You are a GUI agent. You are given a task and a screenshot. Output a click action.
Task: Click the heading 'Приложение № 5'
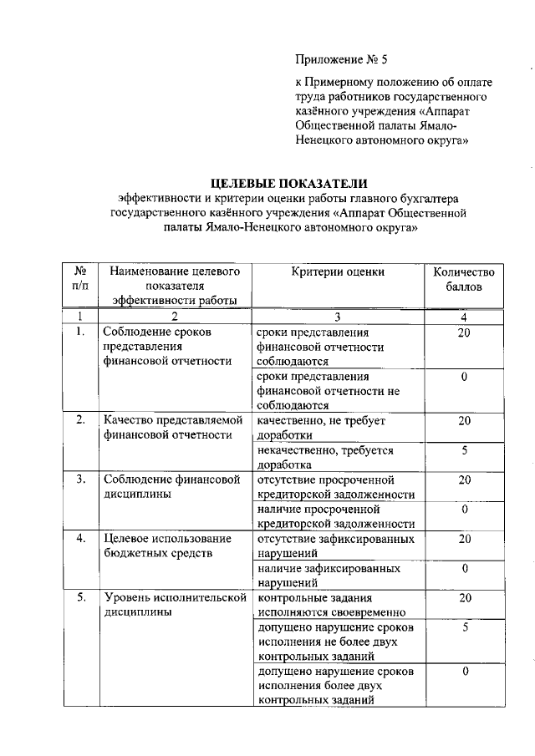coord(341,58)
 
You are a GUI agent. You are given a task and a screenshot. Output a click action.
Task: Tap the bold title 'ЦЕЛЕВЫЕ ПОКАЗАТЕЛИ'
coord(289,183)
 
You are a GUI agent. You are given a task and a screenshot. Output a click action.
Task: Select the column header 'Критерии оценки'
coord(338,271)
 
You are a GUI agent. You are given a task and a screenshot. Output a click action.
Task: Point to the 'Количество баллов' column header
coord(463,279)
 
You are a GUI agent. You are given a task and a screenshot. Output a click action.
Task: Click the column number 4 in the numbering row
coord(463,317)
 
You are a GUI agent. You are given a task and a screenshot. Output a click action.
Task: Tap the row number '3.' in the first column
coord(81,479)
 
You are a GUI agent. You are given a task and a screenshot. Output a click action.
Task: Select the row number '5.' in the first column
coord(81,597)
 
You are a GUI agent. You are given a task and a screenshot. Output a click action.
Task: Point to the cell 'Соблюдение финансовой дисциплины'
coord(171,486)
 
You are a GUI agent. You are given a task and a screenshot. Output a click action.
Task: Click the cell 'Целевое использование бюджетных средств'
coord(159,545)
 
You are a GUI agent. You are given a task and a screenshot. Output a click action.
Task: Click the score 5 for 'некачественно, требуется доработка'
coord(463,451)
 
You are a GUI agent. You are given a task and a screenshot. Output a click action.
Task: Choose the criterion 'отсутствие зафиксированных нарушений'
coord(336,545)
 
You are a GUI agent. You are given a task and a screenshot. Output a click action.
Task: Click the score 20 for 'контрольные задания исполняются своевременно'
coord(465,597)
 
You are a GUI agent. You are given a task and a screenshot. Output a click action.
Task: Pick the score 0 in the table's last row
coord(464,671)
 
